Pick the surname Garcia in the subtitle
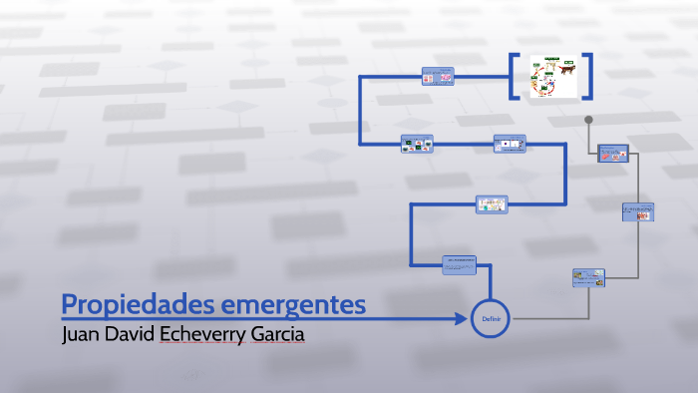[x=279, y=334]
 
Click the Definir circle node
[x=490, y=318]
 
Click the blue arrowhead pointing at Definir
[x=462, y=319]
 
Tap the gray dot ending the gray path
[x=588, y=120]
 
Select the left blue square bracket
[x=514, y=76]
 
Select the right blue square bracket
[x=587, y=76]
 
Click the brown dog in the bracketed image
[x=564, y=69]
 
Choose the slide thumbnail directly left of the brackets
[x=438, y=77]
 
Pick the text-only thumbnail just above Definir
[x=459, y=264]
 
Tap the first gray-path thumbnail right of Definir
[x=588, y=278]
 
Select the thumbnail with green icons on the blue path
[x=417, y=144]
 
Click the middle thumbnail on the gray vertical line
[x=637, y=211]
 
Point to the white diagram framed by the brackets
[x=550, y=76]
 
